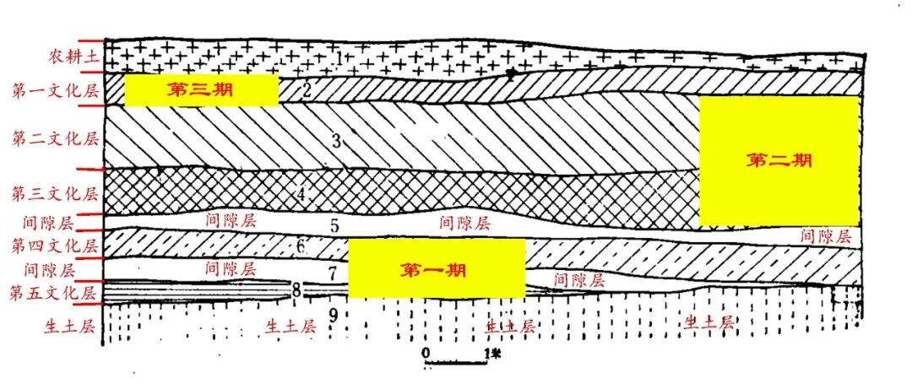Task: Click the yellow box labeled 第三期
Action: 201,90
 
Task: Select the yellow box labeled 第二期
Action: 779,160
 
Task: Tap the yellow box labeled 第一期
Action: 437,269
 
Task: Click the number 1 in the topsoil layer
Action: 339,58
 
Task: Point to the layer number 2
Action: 307,90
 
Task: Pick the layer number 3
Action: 335,141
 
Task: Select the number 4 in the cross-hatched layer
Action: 301,194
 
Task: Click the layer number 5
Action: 334,225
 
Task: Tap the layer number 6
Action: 300,247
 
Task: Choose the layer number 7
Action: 333,273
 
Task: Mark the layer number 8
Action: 296,291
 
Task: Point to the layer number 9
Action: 334,316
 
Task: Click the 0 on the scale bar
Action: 426,350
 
